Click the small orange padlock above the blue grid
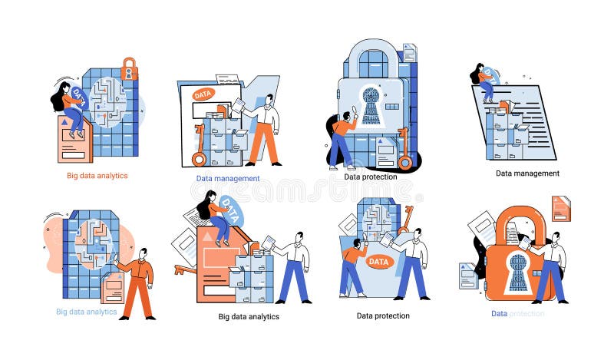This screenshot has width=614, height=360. pos(129,68)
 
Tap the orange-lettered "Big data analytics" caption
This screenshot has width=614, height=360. pos(96,176)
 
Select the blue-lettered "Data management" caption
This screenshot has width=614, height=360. pos(228,178)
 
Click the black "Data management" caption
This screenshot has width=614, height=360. pos(527,173)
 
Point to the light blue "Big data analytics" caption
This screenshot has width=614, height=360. pos(86,312)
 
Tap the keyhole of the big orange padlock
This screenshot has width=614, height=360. pos(519,271)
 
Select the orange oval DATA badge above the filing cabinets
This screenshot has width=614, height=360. pos(203,95)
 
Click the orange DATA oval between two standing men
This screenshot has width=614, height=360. pos(378,262)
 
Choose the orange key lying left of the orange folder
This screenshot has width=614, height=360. pos(184,269)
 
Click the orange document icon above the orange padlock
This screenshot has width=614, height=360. pos(561,208)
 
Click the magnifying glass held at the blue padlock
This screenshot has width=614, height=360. pos(355,110)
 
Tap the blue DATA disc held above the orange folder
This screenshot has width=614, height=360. pos(232,212)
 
